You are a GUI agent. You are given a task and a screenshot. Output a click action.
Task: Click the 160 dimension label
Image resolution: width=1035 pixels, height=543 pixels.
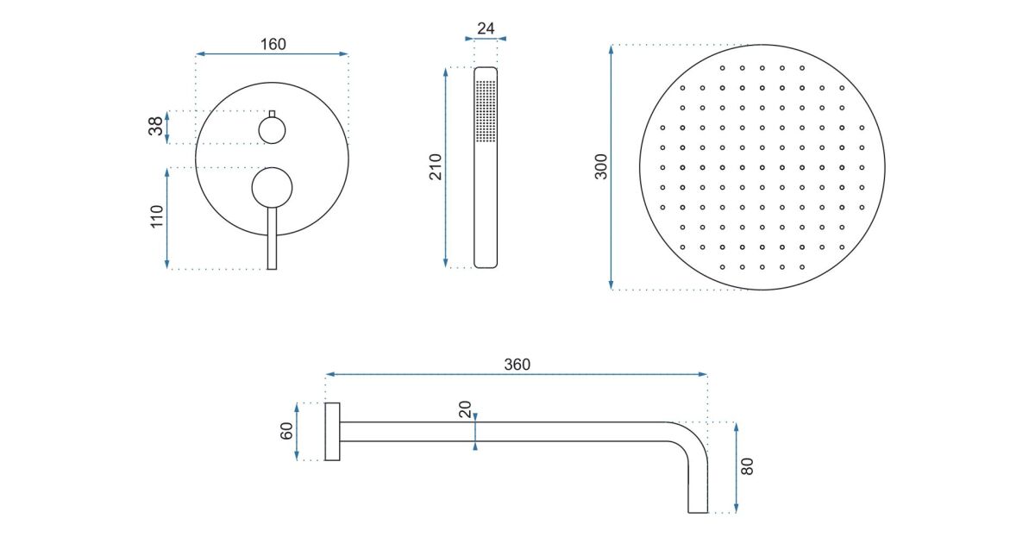tap(273, 44)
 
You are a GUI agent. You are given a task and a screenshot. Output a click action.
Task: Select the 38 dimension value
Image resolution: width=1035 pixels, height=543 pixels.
tap(156, 126)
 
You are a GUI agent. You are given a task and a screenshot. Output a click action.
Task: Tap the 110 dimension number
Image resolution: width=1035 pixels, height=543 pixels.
tap(157, 216)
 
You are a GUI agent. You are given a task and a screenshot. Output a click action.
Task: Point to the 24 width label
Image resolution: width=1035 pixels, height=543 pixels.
tap(486, 28)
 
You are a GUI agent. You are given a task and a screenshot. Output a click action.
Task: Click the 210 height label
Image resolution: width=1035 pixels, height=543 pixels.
tap(436, 166)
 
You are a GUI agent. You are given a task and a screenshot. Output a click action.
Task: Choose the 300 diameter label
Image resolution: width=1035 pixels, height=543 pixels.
tap(600, 166)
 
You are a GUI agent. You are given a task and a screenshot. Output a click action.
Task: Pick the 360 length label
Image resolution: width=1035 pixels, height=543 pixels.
tap(517, 365)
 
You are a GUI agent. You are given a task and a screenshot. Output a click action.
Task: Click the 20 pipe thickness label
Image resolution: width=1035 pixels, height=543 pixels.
tap(465, 409)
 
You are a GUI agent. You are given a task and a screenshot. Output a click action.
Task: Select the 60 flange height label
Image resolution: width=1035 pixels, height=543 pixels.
tap(286, 431)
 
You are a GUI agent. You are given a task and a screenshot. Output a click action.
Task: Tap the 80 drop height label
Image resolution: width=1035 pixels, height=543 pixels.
tap(747, 466)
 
